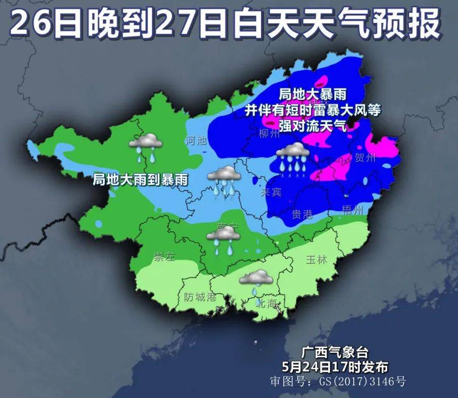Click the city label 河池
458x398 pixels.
click(196, 140)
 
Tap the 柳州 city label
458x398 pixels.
click(270, 134)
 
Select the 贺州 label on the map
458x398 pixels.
click(365, 158)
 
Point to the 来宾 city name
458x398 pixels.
click(271, 193)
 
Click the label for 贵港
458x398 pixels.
click(302, 214)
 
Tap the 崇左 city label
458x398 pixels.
click(164, 257)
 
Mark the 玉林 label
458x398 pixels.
click(316, 260)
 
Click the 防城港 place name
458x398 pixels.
click(200, 297)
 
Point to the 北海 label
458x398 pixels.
click(267, 304)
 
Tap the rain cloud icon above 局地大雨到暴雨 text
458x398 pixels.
click(146, 146)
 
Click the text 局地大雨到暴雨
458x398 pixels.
click(140, 179)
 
